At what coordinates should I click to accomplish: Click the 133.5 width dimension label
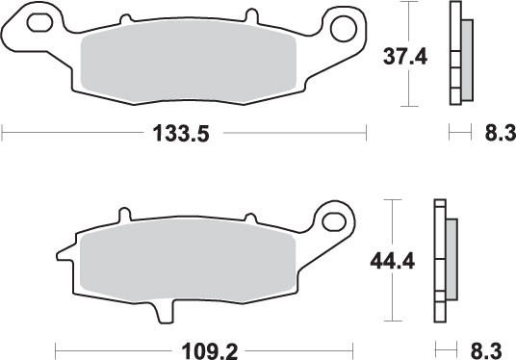[183, 134]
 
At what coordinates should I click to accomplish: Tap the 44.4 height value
[391, 261]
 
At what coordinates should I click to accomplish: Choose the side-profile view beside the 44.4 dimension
[445, 260]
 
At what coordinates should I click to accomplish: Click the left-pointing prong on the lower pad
[64, 255]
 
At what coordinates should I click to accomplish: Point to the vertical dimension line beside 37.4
[412, 53]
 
